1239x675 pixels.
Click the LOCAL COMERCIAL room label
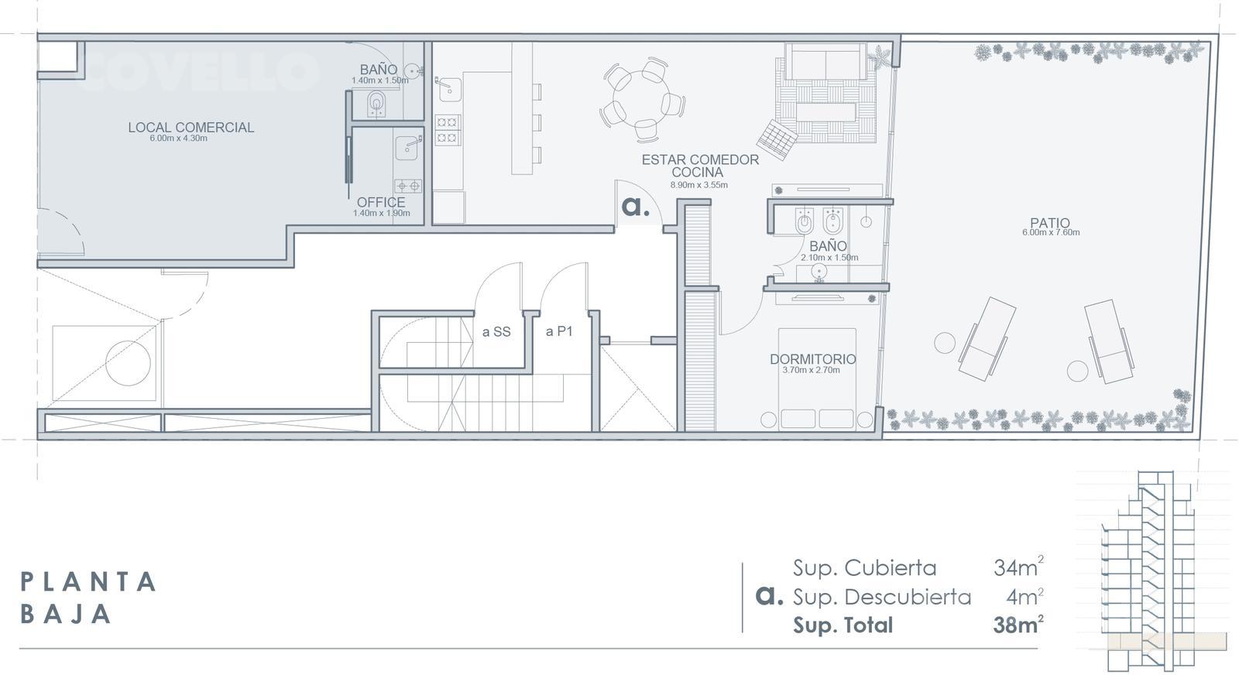190,127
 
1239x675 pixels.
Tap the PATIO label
1050,223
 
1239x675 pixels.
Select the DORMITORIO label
812,358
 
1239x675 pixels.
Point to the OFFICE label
380,202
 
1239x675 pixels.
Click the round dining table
642,100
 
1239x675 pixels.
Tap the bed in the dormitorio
817,379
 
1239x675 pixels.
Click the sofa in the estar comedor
825,61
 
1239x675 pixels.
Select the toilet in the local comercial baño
377,104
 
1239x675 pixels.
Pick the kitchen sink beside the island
449,90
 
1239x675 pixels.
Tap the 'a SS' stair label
496,332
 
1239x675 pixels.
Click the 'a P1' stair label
558,331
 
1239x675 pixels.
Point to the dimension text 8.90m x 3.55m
699,185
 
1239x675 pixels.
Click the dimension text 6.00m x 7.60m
1050,232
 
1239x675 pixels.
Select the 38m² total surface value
1018,624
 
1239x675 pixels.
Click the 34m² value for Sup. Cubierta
1018,567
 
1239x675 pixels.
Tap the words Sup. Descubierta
882,597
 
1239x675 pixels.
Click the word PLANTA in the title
88,581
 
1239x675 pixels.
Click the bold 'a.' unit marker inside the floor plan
636,206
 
